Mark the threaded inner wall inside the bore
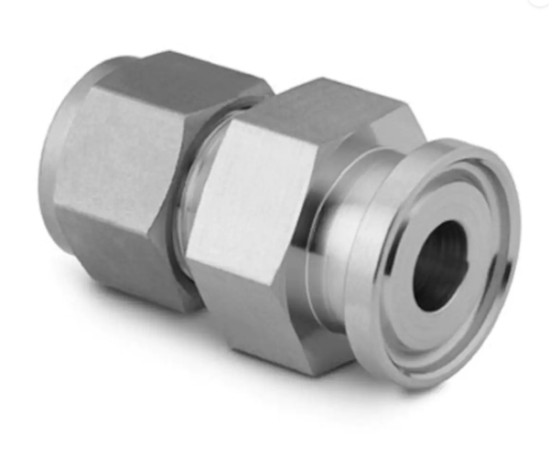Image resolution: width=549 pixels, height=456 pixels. point(454,247)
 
